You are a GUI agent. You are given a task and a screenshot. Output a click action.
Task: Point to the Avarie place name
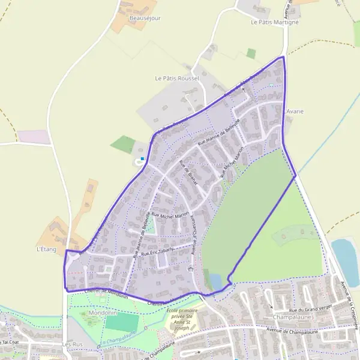(295, 112)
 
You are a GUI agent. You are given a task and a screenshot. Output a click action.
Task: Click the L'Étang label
(46, 248)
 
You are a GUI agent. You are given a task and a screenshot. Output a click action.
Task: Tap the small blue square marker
(142, 158)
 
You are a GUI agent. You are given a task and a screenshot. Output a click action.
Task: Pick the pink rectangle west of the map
(34, 137)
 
